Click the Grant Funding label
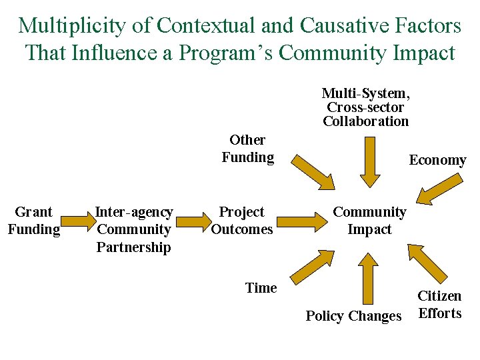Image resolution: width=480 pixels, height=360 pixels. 33,221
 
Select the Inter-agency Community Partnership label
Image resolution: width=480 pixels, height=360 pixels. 133,229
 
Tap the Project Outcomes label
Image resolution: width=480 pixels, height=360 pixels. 241,221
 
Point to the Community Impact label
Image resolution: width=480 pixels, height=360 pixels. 369,221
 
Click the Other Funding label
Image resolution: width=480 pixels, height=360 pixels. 247,149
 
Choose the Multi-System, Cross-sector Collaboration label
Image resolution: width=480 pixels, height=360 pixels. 365,107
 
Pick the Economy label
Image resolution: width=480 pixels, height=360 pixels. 437,160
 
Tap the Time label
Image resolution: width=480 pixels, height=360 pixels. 261,288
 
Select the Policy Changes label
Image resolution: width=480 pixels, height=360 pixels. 353,316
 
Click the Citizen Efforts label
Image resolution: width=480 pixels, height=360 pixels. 439,305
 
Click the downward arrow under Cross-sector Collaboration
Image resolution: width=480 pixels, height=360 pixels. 369,162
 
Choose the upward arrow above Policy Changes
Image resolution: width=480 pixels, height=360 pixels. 369,277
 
